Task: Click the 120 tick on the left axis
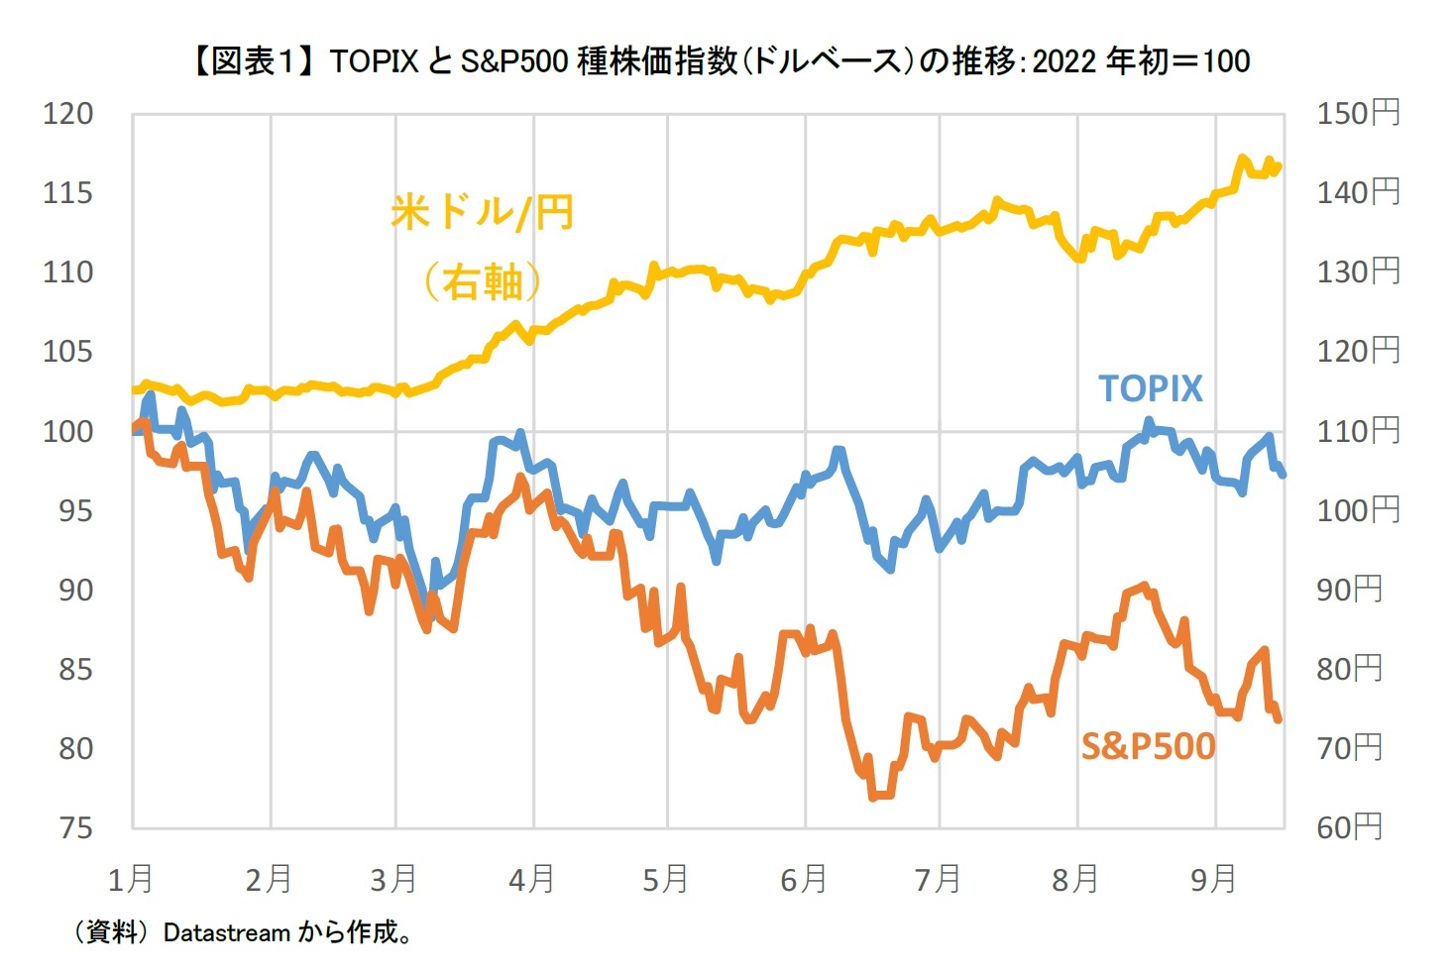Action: point(67,114)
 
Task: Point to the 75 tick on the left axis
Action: point(74,827)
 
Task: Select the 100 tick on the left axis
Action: point(67,431)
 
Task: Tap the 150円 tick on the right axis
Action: point(1358,114)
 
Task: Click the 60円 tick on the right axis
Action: point(1349,827)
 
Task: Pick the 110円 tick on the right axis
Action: point(1358,431)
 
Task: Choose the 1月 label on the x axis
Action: point(131,879)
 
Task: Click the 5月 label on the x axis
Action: point(665,879)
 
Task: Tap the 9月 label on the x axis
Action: point(1213,879)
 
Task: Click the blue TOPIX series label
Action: point(1150,388)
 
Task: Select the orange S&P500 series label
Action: point(1147,746)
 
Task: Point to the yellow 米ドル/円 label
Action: point(482,213)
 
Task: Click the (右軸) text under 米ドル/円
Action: point(482,282)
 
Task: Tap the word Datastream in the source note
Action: point(226,933)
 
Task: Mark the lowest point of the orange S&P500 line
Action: point(874,796)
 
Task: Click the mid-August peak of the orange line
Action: point(1145,587)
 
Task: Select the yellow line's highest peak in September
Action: point(1242,159)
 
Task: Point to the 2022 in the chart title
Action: point(1065,61)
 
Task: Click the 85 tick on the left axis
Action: point(74,669)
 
